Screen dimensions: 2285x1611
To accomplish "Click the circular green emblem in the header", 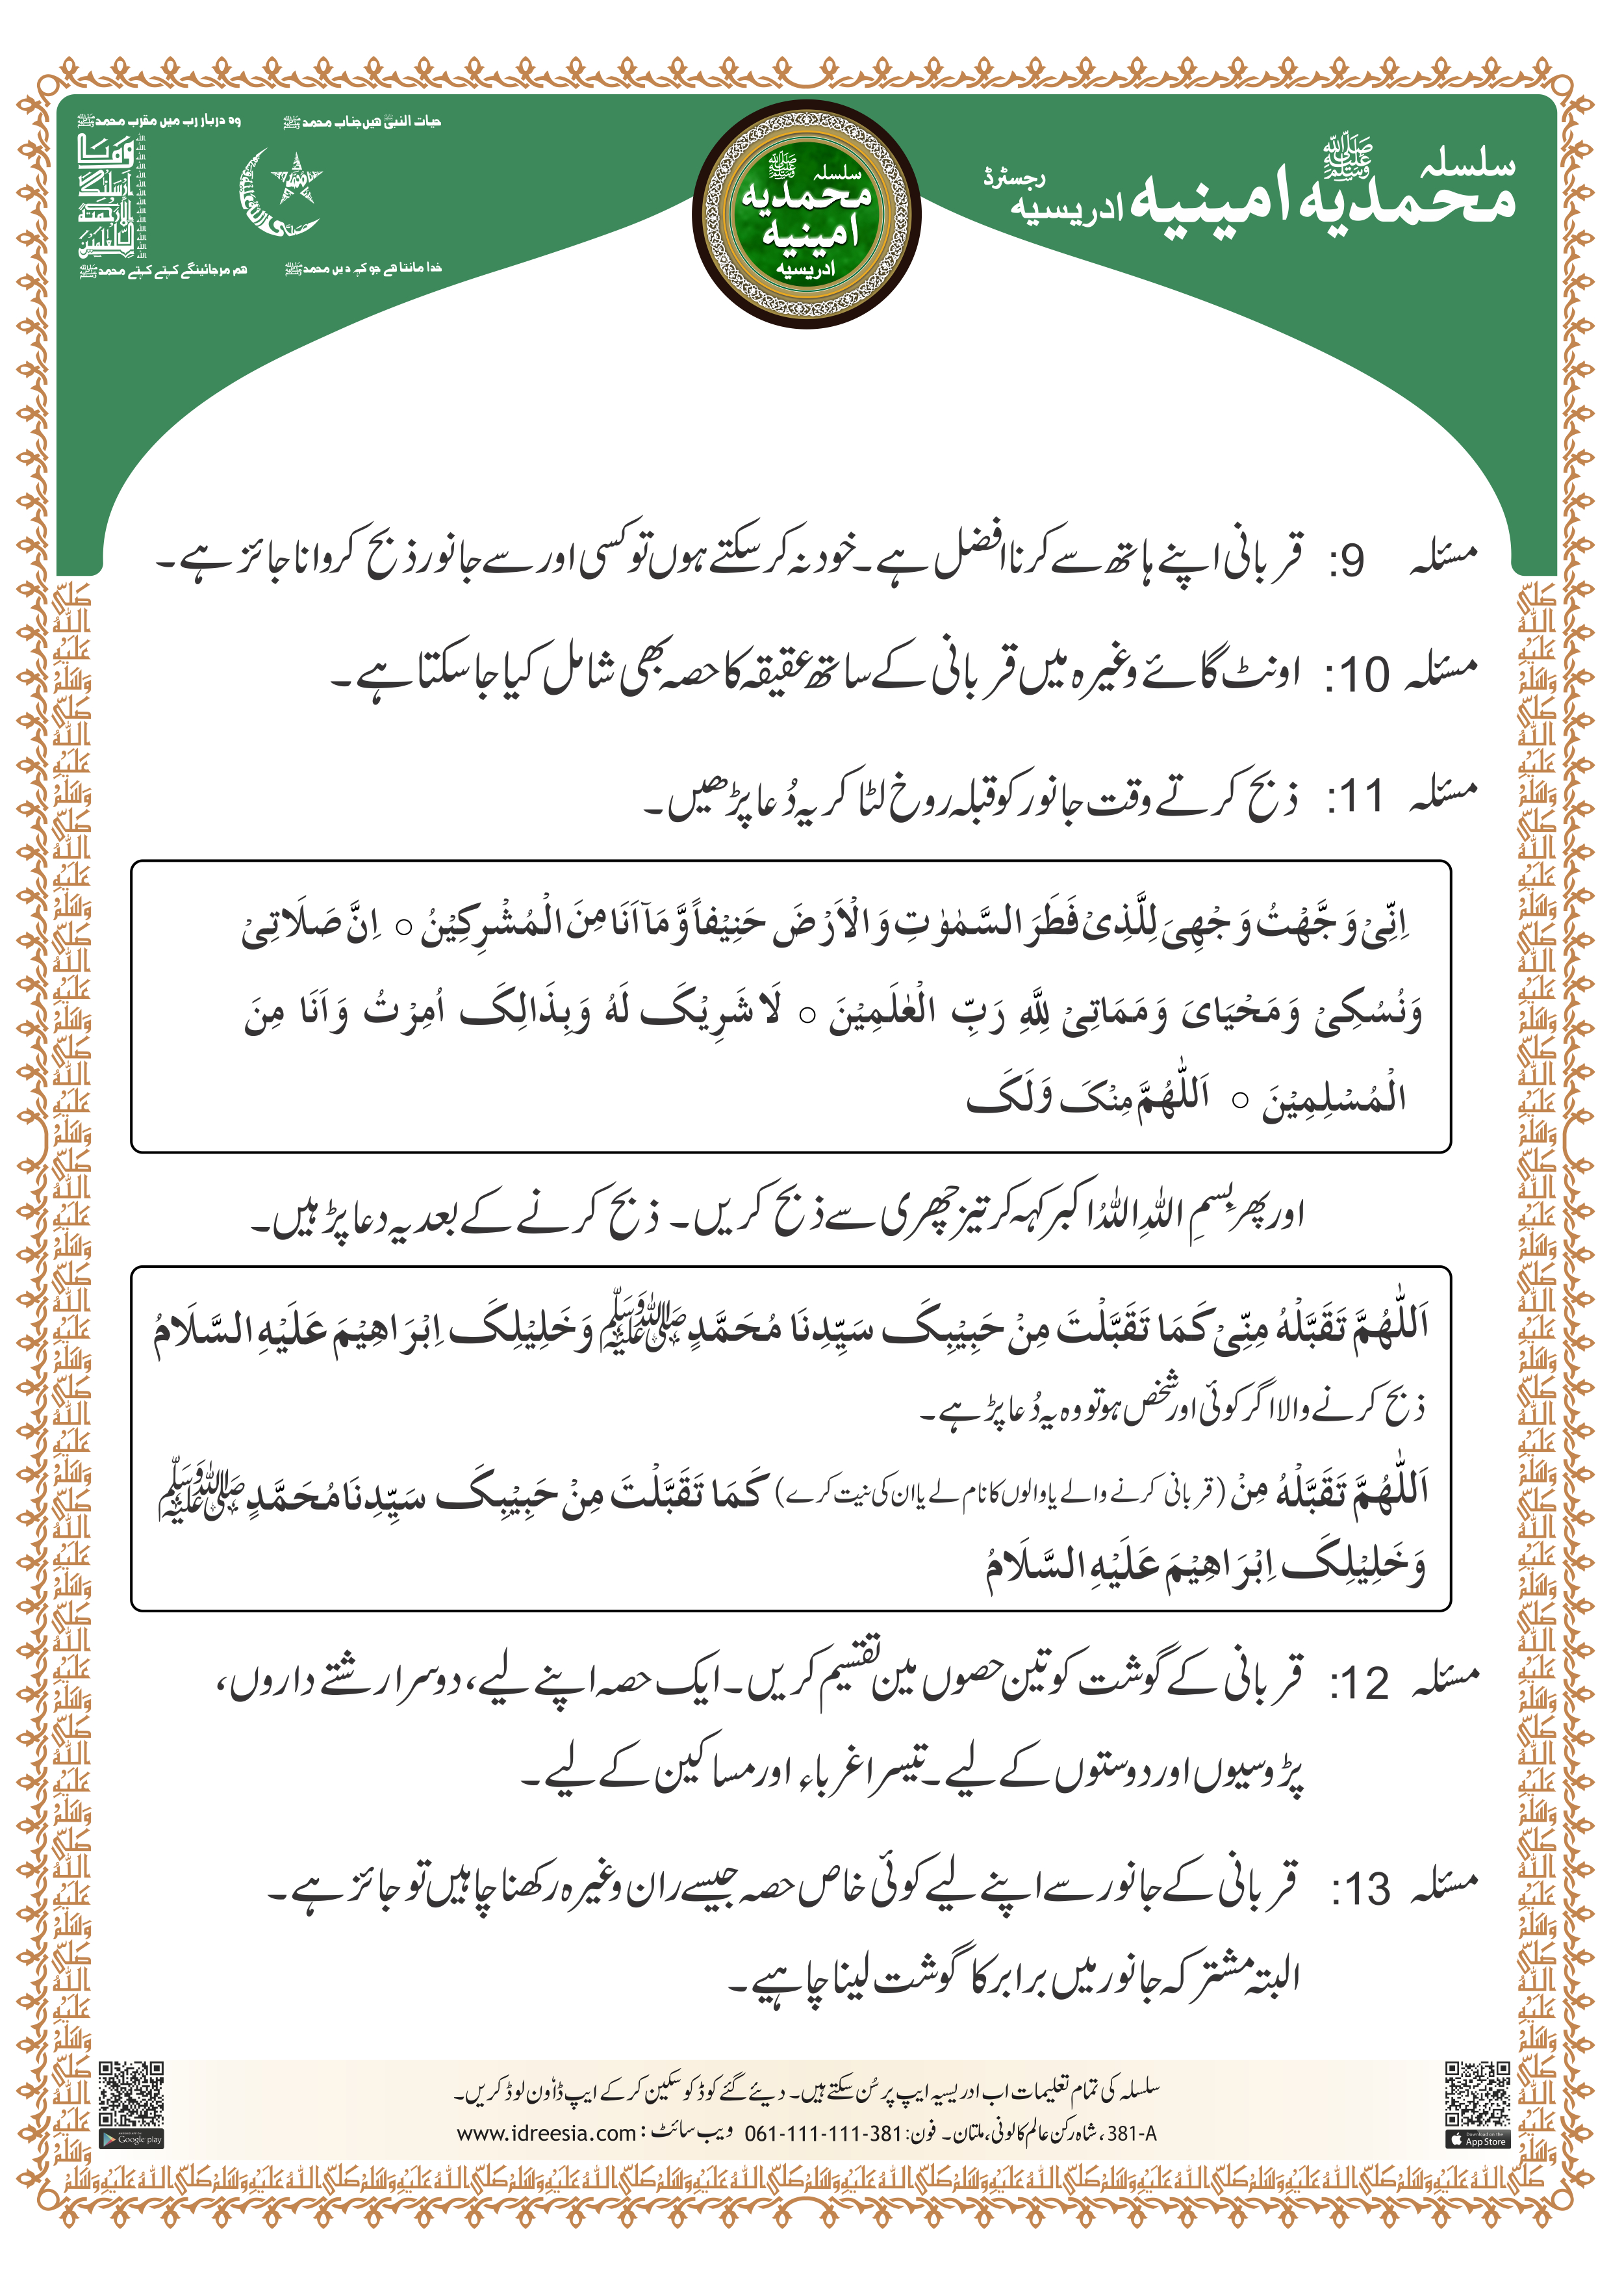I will click(x=806, y=214).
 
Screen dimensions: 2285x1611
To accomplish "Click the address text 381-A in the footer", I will click(x=1132, y=2133).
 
